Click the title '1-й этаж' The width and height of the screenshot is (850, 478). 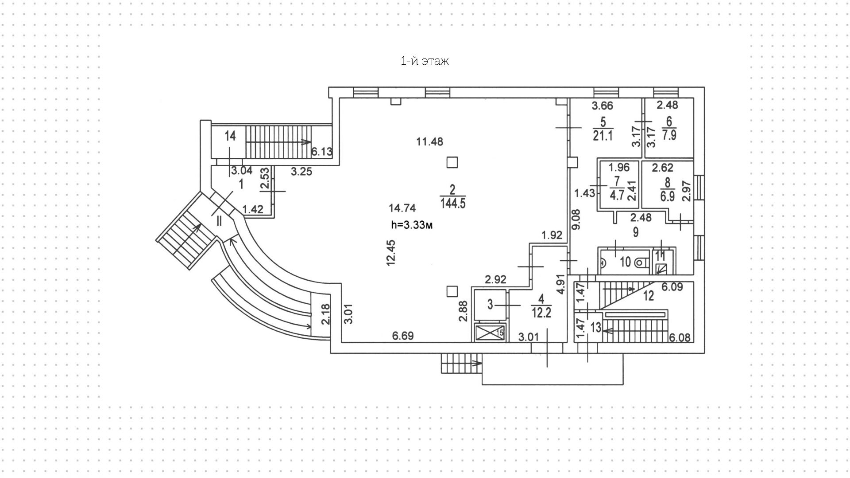(425, 61)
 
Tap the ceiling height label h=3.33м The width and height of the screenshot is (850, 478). (412, 225)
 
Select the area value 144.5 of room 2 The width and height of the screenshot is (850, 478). (453, 204)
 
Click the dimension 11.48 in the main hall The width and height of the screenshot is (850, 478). (429, 142)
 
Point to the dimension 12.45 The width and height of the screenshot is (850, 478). (391, 252)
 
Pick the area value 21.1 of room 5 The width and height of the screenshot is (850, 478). (603, 136)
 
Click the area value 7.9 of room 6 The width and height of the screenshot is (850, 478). (669, 135)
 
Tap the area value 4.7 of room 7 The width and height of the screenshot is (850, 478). (617, 196)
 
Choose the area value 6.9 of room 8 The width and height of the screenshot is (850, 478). (667, 196)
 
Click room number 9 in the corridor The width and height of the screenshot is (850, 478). (636, 232)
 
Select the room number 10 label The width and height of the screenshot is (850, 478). (625, 262)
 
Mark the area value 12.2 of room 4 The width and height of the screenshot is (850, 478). (541, 313)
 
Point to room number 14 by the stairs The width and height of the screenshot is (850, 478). (230, 136)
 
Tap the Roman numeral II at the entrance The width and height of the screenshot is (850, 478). (219, 220)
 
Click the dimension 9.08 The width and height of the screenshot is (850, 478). (576, 219)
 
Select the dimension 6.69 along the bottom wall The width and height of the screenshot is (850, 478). (403, 336)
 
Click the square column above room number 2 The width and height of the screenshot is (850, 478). (452, 162)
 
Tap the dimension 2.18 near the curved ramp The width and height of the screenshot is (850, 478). (325, 313)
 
